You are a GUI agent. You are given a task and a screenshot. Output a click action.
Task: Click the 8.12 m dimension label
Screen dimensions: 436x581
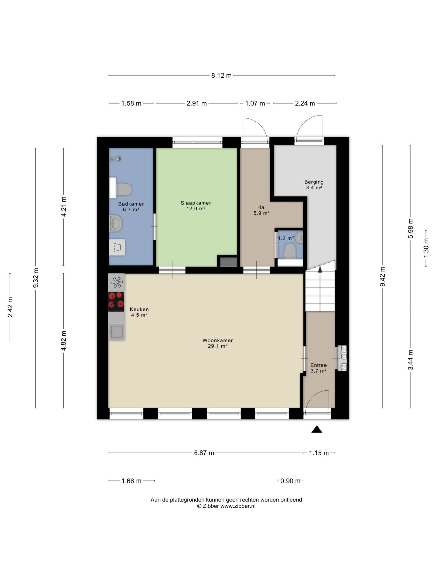(x=221, y=76)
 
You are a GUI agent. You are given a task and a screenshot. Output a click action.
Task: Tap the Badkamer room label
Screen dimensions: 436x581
(x=131, y=204)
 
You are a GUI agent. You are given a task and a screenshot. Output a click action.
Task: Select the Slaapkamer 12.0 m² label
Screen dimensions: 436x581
(x=196, y=206)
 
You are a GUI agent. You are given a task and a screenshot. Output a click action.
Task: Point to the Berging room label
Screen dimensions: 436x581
(x=314, y=182)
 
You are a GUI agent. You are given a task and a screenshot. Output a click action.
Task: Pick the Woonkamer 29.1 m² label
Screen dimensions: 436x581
(x=218, y=343)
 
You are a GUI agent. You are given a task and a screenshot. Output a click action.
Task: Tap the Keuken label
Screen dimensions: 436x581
(x=139, y=309)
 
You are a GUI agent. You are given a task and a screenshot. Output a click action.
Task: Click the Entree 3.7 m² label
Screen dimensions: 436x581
(x=319, y=368)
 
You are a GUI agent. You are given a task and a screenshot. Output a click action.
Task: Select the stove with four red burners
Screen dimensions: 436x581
(x=116, y=302)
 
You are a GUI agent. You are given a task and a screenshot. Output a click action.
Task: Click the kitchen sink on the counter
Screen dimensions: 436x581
(x=116, y=332)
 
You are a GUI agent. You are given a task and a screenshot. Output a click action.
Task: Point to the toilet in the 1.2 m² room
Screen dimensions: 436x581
(x=290, y=250)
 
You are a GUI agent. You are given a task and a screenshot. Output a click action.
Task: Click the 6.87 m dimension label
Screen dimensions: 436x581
(x=204, y=453)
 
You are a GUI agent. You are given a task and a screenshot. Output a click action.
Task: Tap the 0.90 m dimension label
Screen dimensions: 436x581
(x=290, y=481)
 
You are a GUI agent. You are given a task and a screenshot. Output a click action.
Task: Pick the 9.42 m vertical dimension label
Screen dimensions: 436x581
(x=383, y=276)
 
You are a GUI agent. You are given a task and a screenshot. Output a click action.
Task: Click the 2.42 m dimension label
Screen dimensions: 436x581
(x=10, y=307)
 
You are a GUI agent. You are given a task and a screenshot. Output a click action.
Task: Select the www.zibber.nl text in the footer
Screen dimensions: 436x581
(x=238, y=506)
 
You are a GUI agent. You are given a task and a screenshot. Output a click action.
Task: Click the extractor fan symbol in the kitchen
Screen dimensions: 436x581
(x=117, y=282)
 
